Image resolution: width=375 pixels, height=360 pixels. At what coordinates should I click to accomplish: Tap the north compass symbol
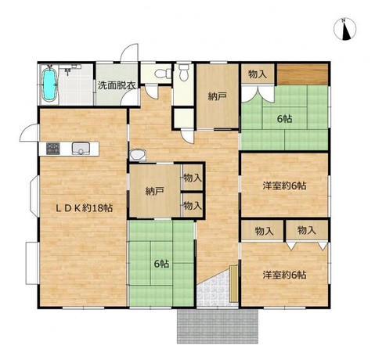(344, 29)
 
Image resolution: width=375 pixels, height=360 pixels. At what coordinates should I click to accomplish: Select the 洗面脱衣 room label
(117, 85)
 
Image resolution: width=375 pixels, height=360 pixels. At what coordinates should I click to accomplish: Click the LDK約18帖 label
(85, 208)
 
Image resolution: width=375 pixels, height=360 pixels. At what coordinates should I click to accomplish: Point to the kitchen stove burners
(53, 149)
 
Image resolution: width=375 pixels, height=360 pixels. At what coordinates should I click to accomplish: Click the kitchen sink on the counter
(81, 149)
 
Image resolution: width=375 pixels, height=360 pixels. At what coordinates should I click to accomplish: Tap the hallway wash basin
(137, 154)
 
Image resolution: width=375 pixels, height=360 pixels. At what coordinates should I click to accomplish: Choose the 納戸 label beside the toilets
(217, 97)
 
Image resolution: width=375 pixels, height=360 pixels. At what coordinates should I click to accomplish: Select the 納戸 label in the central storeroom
(154, 192)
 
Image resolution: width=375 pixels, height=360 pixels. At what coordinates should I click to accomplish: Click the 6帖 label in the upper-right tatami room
(284, 119)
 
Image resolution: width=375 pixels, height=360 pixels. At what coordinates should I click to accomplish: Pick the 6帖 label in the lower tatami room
(162, 264)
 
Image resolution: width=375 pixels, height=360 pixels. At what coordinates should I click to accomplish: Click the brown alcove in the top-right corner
(302, 74)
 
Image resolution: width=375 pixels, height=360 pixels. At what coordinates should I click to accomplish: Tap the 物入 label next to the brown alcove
(258, 74)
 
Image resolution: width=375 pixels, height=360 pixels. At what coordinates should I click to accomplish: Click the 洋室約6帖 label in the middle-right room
(284, 185)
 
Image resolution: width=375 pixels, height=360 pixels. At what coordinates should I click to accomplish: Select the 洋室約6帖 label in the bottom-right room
(284, 275)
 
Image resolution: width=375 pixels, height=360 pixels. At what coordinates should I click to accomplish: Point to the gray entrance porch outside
(218, 326)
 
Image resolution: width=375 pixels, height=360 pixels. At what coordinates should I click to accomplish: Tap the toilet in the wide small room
(163, 74)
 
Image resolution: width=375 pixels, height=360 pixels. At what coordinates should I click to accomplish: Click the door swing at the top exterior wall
(129, 53)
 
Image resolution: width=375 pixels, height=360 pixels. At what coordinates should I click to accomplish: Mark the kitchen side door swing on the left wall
(29, 133)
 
